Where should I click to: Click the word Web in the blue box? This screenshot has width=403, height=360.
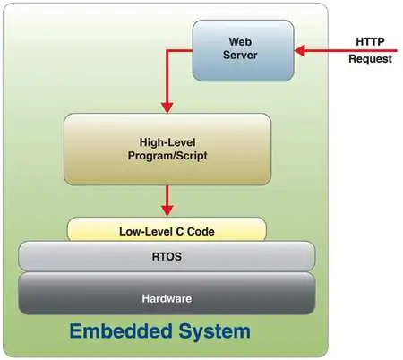tap(240, 41)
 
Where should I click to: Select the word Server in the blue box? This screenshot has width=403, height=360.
tap(240, 55)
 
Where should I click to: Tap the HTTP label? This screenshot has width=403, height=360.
tap(370, 41)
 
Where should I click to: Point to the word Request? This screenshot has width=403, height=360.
tap(370, 59)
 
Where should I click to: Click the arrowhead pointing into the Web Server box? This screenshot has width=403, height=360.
tap(300, 51)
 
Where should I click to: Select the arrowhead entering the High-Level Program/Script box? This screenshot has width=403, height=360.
tap(167, 107)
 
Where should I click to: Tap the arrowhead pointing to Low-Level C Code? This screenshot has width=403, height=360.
tap(167, 210)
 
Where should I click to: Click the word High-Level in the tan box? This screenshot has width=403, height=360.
tap(167, 142)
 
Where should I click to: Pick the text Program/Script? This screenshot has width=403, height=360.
tap(167, 156)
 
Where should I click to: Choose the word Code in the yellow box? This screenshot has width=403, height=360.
tap(201, 232)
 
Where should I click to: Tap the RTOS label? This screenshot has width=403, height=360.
tap(167, 257)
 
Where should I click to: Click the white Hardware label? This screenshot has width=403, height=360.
tap(167, 298)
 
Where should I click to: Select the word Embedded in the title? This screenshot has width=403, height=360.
tap(121, 331)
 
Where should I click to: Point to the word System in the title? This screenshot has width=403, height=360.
tap(215, 332)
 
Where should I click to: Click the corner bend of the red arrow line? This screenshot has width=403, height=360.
tap(167, 51)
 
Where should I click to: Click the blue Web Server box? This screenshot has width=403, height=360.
tap(243, 51)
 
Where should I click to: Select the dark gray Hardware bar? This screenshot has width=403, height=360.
tap(167, 293)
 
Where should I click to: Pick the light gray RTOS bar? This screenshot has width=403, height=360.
tap(167, 256)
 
